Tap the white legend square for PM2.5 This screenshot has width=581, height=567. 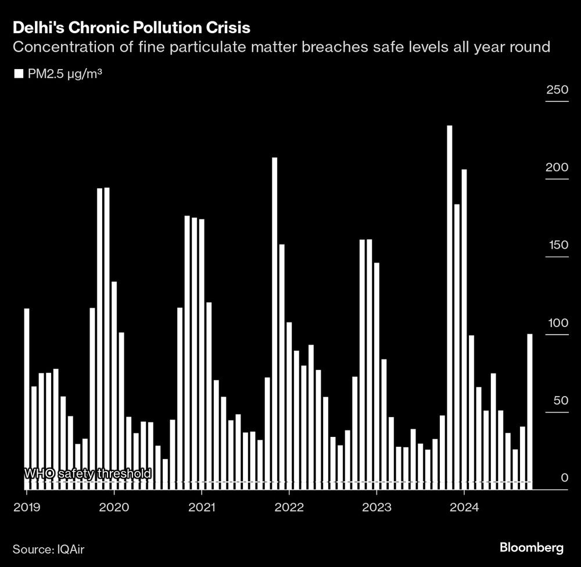(18, 74)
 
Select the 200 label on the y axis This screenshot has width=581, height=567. (557, 167)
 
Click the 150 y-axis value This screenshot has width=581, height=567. (557, 245)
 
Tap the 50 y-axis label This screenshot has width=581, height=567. (560, 400)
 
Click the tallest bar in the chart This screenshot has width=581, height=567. (449, 308)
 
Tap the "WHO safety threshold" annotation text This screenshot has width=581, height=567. (87, 473)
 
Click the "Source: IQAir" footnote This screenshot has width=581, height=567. (51, 548)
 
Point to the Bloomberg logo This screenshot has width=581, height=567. (531, 547)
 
